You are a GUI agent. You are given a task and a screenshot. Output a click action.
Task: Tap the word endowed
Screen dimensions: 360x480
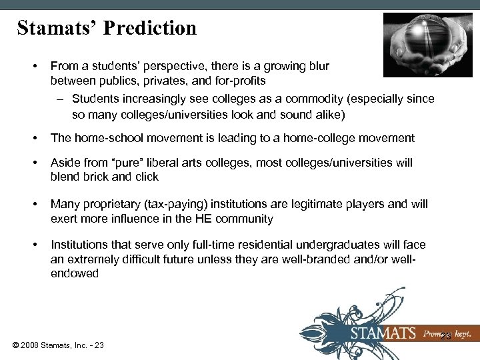75,273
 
